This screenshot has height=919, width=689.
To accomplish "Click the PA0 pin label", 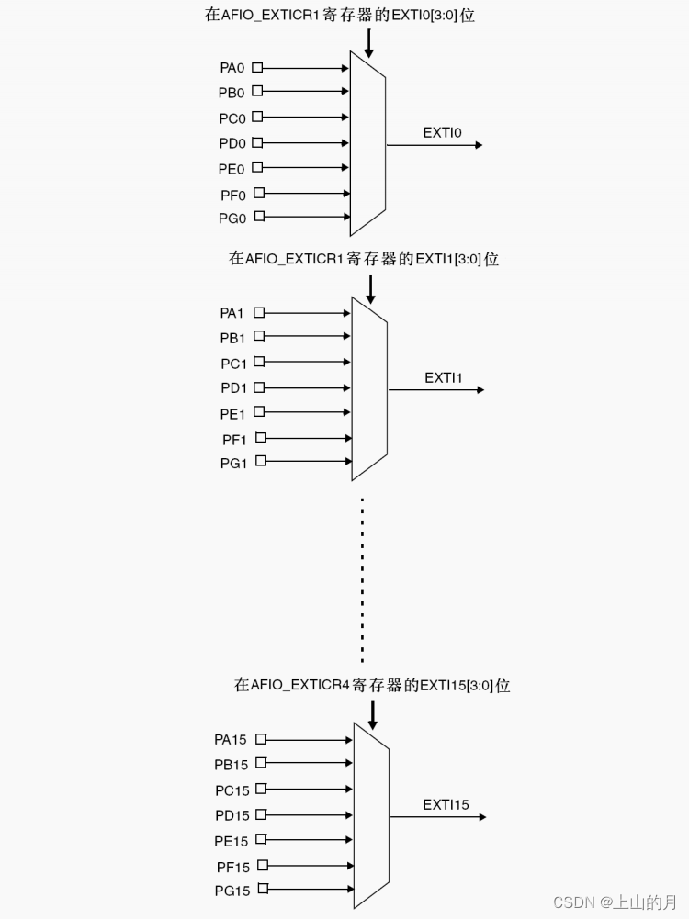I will [x=232, y=68].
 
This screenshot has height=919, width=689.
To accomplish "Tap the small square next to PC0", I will [x=257, y=118].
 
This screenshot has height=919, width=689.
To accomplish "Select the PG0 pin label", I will [x=232, y=219].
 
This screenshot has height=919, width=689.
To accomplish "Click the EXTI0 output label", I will [x=442, y=133].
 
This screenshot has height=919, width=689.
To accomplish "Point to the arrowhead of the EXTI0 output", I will [x=477, y=145].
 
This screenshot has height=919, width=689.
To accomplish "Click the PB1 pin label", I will [x=232, y=339].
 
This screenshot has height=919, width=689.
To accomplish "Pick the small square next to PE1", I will [x=259, y=412].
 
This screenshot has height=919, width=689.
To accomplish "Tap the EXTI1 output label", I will [x=444, y=378].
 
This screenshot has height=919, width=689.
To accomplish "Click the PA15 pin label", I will [x=231, y=739].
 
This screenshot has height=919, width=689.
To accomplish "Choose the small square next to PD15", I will [x=261, y=815].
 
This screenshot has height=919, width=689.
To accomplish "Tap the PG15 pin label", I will [x=232, y=891].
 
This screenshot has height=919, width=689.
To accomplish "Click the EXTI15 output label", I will [x=446, y=805].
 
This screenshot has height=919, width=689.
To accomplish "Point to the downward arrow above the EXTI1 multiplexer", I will [x=370, y=288].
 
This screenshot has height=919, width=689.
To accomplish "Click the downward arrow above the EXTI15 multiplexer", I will [x=372, y=714].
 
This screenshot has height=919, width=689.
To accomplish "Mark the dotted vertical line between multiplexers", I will [x=362, y=578].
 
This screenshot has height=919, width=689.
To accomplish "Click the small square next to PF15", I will [x=263, y=865].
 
